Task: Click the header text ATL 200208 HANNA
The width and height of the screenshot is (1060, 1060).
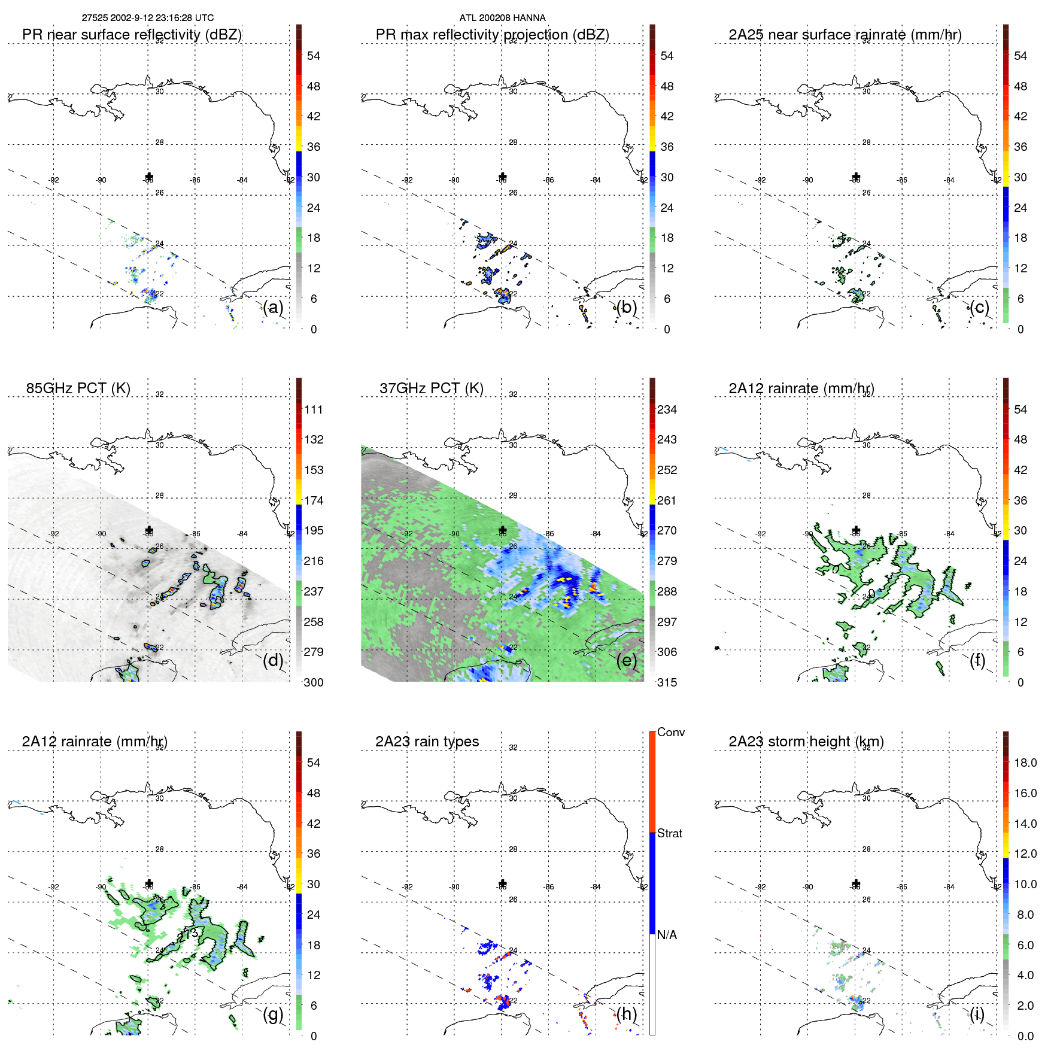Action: coord(502,18)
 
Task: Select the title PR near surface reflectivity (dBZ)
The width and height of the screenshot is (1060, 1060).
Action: coord(132,35)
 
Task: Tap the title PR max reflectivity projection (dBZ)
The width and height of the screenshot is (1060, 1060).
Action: coord(492,35)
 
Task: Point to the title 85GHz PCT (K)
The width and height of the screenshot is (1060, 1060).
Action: coord(78,388)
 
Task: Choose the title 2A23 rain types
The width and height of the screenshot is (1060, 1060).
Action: coord(427,741)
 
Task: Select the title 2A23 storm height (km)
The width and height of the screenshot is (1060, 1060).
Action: coord(806,741)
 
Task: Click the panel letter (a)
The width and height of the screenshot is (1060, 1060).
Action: coord(273,307)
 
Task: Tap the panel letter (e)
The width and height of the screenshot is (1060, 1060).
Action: coord(626,660)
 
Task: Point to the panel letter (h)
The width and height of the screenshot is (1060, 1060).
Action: coord(626,1013)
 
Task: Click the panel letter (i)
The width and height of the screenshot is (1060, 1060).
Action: coord(977,1013)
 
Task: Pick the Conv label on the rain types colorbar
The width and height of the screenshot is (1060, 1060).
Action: coord(670,732)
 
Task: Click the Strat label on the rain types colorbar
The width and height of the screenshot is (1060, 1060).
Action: coord(669,833)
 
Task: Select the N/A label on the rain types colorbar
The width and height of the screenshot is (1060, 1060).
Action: coord(667,935)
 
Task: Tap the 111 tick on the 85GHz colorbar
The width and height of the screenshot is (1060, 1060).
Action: coord(314,409)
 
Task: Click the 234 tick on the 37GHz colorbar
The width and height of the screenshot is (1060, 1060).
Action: coord(667,409)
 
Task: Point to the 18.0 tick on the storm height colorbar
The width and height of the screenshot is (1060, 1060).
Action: coord(1025,763)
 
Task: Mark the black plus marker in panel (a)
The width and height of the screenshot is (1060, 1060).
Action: coord(149,177)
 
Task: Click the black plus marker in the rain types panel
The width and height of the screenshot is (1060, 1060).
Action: coord(503,883)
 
